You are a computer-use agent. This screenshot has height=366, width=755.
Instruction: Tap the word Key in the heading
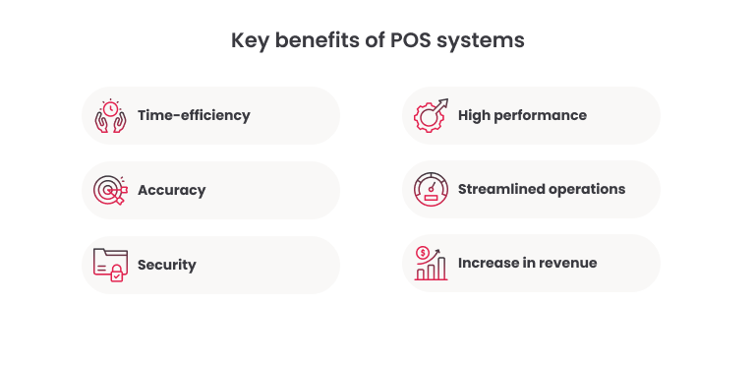[x=249, y=41]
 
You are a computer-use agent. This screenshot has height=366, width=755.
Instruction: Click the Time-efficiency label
[x=194, y=115]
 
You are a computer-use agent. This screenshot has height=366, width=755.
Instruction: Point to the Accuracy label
[x=172, y=190]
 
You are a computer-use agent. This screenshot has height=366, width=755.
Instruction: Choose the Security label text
[x=167, y=265]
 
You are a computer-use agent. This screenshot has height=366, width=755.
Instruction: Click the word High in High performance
[x=476, y=115]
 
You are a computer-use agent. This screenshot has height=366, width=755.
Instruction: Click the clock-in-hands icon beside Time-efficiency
[x=110, y=115]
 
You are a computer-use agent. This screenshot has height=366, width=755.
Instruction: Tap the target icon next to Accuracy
[x=109, y=190]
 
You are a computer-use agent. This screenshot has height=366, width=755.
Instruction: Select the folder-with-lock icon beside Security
[x=110, y=265]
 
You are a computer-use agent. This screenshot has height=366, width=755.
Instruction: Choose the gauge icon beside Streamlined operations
[x=431, y=189]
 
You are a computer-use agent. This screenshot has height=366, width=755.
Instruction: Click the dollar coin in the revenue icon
[x=423, y=253]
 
